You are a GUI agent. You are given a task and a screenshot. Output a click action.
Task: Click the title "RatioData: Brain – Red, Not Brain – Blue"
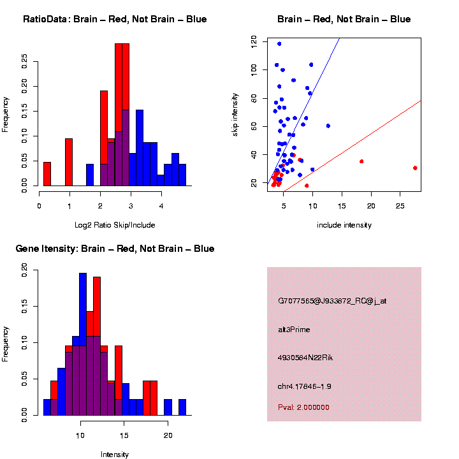coord(115,19)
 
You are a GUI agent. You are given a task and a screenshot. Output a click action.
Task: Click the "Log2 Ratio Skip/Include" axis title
coord(115,224)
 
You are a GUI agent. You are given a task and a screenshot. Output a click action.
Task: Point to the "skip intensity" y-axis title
coord(235,112)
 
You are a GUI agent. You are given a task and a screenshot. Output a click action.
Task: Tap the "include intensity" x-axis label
coord(344,225)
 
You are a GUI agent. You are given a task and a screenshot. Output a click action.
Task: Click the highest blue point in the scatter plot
coord(279,44)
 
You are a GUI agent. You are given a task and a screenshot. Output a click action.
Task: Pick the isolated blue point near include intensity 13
coord(328,126)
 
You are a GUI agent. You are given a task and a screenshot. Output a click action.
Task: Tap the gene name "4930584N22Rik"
coord(305,358)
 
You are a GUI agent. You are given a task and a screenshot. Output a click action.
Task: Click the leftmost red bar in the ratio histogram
coord(47,173)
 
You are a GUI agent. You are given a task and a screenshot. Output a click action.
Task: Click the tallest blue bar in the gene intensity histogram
coord(83,344)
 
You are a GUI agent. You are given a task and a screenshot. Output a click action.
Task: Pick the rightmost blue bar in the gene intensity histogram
coord(182,407)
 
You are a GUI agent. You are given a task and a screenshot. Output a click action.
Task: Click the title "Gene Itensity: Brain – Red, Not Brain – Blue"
coord(115,249)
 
